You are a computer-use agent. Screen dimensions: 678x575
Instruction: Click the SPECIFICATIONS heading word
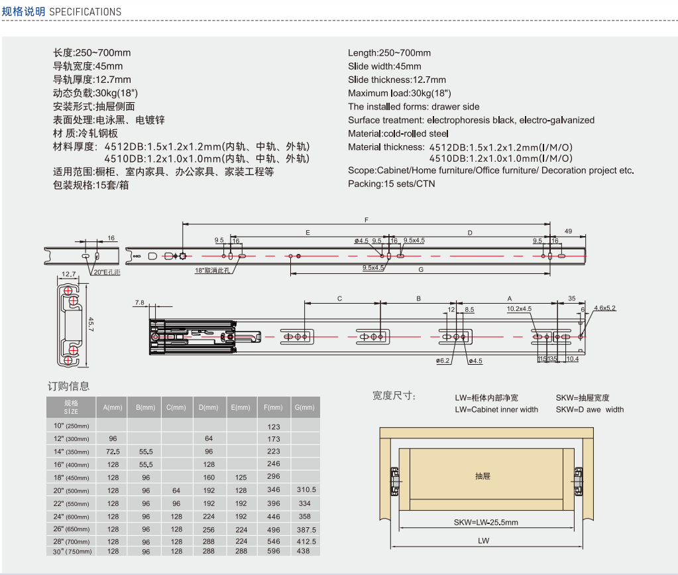click(85, 12)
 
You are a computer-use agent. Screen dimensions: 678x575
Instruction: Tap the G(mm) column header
click(304, 407)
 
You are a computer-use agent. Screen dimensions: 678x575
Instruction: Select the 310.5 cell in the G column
click(306, 489)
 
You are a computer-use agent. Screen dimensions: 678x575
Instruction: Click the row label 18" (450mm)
click(72, 478)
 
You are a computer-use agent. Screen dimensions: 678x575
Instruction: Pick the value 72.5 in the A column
click(113, 452)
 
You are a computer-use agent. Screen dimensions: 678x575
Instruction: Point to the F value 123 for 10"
click(273, 426)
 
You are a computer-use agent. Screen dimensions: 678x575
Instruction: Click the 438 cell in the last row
click(303, 551)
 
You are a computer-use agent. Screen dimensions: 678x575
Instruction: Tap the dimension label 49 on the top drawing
click(568, 231)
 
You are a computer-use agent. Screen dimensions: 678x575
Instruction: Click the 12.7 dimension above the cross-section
click(69, 274)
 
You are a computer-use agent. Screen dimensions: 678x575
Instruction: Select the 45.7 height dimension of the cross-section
click(91, 324)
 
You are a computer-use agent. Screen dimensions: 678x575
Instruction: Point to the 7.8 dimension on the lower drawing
click(139, 302)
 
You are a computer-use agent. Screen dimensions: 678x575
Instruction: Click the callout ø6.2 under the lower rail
click(443, 360)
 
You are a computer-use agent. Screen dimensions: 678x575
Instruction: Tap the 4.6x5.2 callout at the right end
click(604, 308)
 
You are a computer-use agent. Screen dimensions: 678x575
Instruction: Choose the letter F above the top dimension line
click(367, 220)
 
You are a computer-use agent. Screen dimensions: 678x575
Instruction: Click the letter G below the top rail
click(421, 269)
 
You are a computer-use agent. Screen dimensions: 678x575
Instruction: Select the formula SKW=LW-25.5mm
click(486, 522)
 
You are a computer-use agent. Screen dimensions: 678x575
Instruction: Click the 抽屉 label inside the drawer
click(482, 476)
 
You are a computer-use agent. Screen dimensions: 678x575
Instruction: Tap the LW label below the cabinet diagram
click(483, 541)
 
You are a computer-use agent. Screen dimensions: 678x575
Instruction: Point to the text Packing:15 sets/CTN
click(391, 184)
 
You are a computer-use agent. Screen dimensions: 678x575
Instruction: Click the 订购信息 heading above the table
click(68, 386)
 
